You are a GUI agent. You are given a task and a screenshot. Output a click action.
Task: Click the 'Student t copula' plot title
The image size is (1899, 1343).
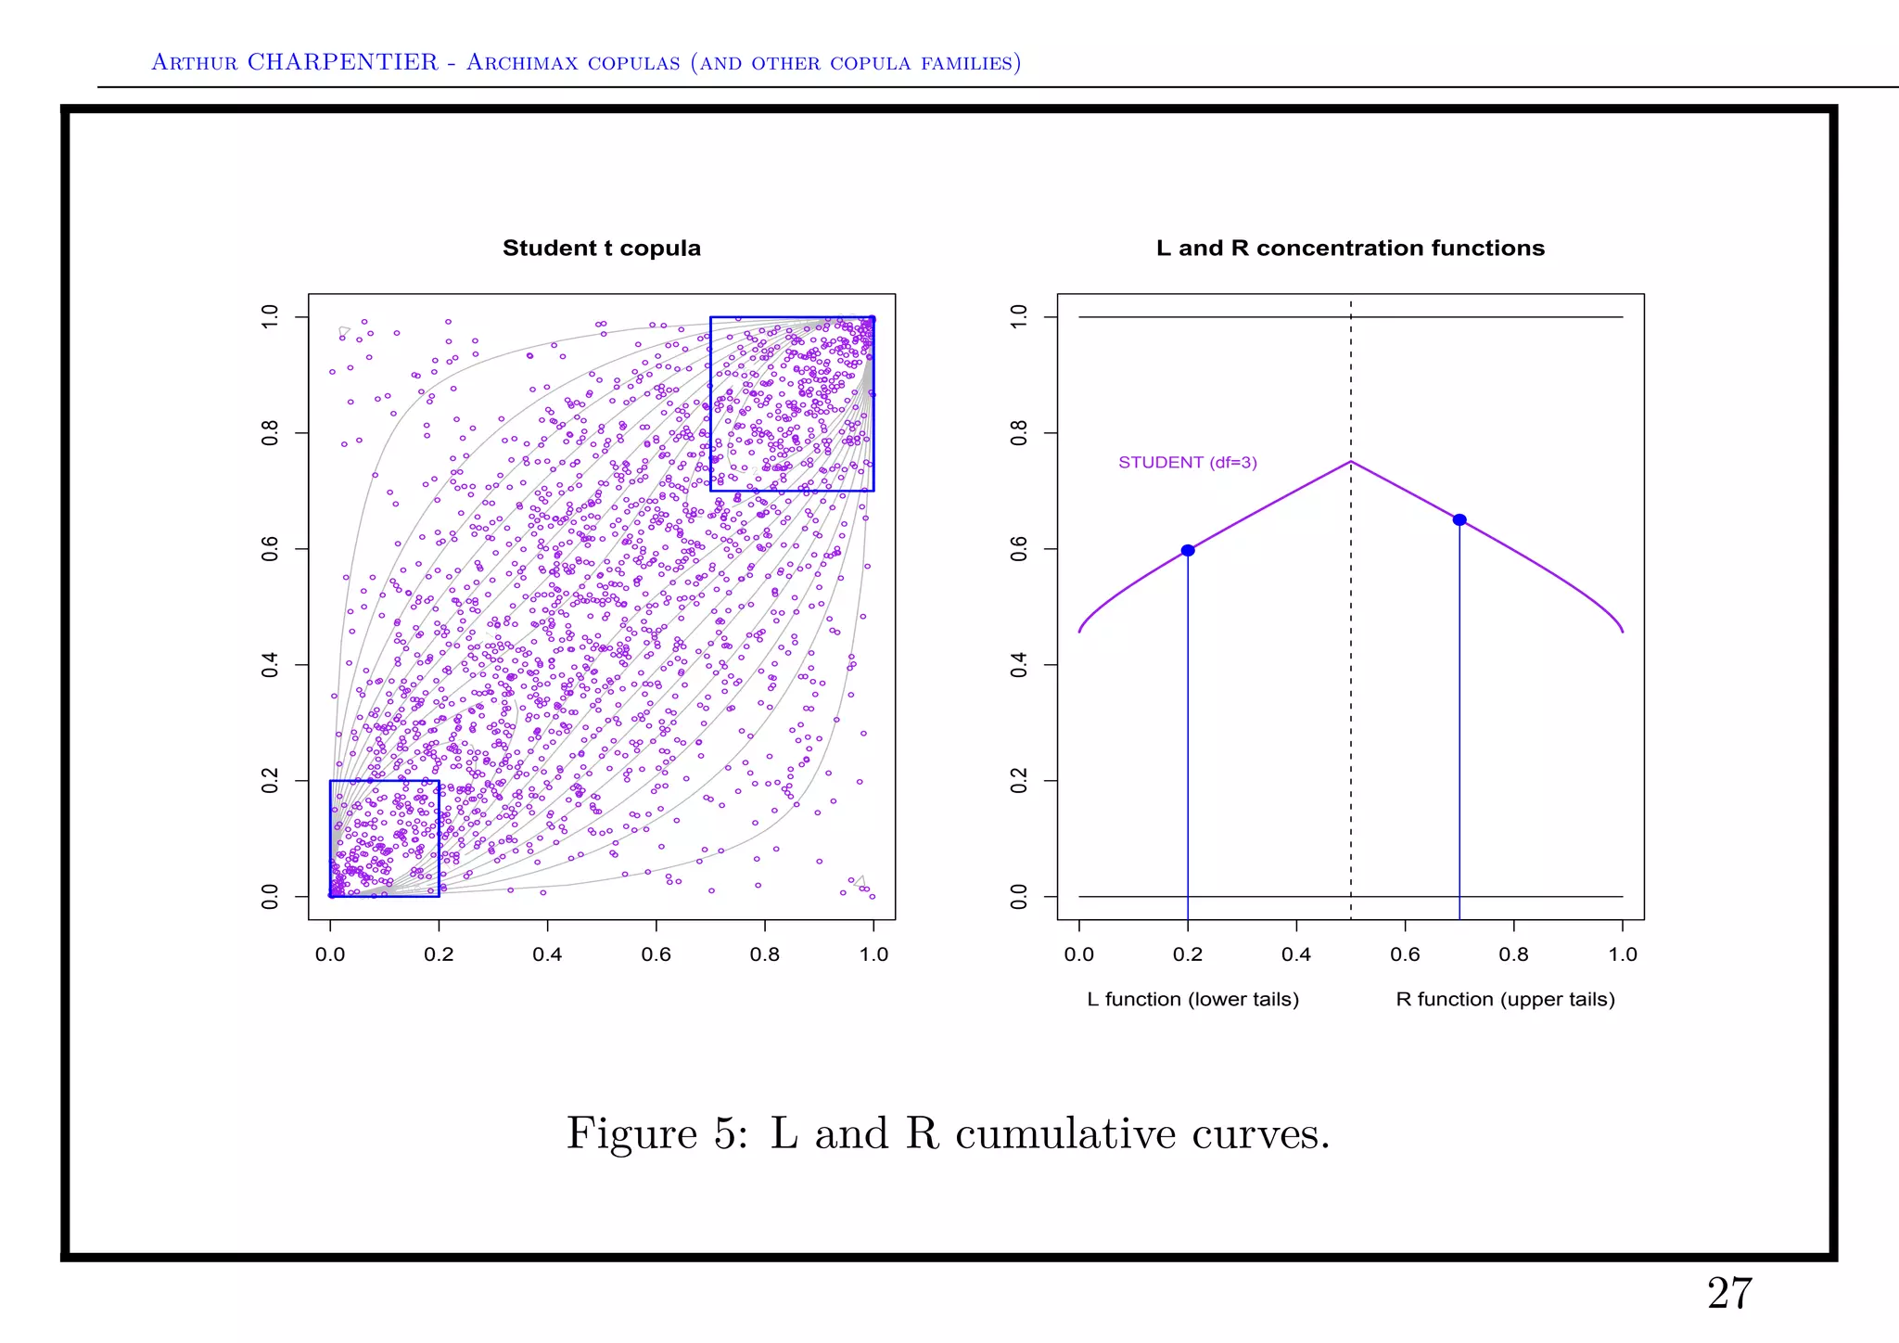pyautogui.click(x=601, y=249)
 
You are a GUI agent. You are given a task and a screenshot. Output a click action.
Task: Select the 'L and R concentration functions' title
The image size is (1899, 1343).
pyautogui.click(x=1350, y=249)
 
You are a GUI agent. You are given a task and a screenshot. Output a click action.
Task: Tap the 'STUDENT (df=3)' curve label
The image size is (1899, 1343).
pyautogui.click(x=1187, y=463)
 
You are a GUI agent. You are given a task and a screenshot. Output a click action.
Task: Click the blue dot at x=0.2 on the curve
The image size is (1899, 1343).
pyautogui.click(x=1188, y=551)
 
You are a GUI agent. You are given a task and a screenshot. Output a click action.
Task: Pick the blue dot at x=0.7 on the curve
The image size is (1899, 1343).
pyautogui.click(x=1459, y=520)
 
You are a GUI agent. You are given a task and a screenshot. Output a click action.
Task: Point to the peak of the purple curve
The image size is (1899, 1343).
pyautogui.click(x=1351, y=462)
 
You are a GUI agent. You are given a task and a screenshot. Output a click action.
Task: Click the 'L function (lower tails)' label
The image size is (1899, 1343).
pyautogui.click(x=1192, y=1000)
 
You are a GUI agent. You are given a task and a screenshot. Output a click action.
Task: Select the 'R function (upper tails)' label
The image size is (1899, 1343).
pyautogui.click(x=1505, y=1000)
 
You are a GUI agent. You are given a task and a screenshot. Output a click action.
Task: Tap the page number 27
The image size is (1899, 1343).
pyautogui.click(x=1729, y=1294)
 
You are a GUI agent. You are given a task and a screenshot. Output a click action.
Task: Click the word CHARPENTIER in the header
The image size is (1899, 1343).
pyautogui.click(x=342, y=62)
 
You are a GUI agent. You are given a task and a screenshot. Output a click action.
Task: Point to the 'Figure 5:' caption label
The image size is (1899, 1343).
pyautogui.click(x=656, y=1133)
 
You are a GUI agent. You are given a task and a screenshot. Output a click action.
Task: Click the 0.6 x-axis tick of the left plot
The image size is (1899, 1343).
pyautogui.click(x=656, y=954)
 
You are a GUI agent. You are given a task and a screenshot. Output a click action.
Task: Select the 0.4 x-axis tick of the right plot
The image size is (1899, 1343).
pyautogui.click(x=1296, y=954)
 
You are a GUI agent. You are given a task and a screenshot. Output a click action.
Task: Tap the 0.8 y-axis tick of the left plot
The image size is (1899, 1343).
pyautogui.click(x=270, y=433)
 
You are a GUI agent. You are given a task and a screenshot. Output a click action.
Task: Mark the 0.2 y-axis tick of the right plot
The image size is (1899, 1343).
pyautogui.click(x=1019, y=781)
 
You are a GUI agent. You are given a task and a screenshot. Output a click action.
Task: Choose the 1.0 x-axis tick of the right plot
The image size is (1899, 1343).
pyautogui.click(x=1623, y=954)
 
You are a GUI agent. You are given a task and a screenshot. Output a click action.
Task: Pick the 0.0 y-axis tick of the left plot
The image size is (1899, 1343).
pyautogui.click(x=270, y=897)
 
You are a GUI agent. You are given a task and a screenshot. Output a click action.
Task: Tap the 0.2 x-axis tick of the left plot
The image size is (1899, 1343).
pyautogui.click(x=439, y=954)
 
